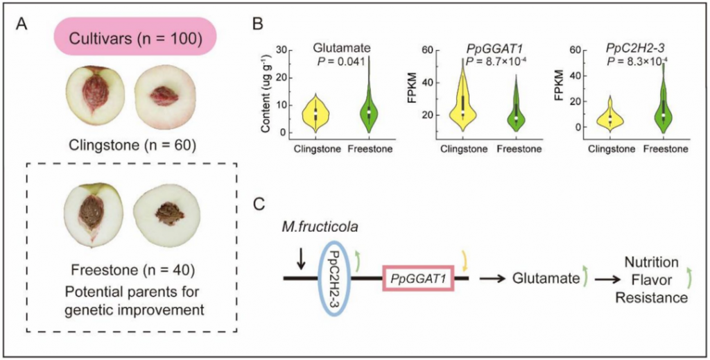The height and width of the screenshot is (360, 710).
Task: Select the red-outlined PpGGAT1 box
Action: (417, 278)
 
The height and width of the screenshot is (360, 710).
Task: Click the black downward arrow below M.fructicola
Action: (300, 259)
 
